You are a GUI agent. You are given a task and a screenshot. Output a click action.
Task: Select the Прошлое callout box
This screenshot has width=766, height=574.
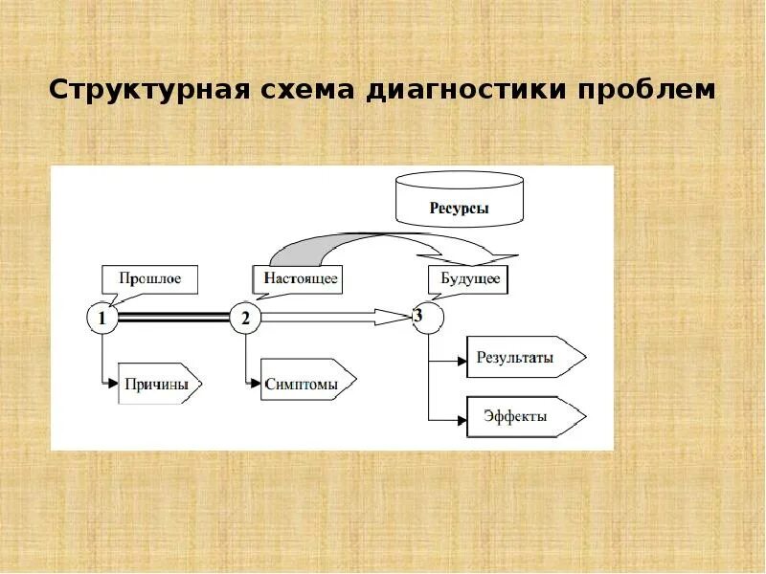coord(148,278)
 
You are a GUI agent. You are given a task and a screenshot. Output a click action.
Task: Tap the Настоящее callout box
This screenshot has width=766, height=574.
coord(296,279)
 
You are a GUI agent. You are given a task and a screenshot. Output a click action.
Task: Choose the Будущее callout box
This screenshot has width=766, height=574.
coord(468,280)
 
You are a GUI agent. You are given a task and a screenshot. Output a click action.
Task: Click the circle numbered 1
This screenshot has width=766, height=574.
coord(101,319)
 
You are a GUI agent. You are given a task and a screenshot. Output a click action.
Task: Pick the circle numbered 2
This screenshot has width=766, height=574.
coord(245,319)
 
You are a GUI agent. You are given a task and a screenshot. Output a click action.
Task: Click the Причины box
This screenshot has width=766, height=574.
coord(160,386)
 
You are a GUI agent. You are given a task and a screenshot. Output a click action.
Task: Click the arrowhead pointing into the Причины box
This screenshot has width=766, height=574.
coord(113,384)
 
